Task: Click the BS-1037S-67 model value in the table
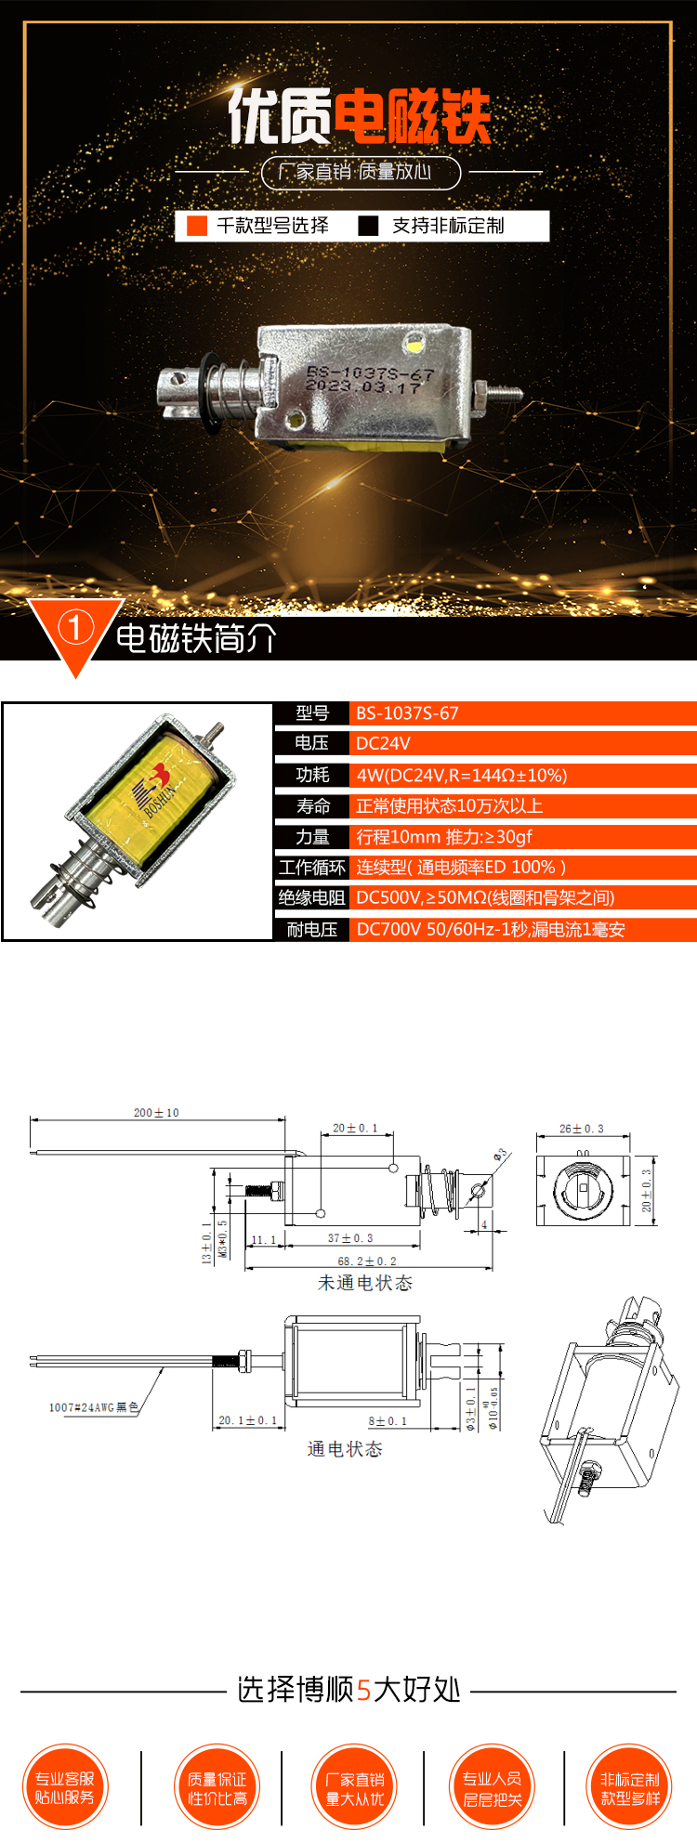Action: [407, 713]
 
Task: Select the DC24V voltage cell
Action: [383, 743]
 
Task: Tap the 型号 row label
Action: [312, 713]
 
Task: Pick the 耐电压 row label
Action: [311, 930]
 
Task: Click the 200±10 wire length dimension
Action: [156, 1112]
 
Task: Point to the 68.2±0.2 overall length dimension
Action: [367, 1261]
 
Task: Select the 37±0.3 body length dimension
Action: [350, 1238]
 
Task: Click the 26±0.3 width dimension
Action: [582, 1129]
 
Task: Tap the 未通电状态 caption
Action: [365, 1283]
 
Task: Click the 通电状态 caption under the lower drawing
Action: [345, 1449]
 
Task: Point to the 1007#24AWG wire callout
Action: [93, 1407]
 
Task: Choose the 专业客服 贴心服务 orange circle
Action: [65, 1788]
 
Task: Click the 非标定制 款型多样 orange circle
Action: [629, 1788]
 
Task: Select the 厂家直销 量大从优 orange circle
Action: [355, 1788]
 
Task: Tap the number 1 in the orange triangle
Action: [75, 628]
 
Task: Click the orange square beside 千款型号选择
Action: [197, 226]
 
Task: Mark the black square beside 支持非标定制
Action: [369, 226]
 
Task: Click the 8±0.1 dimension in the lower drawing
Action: [388, 1420]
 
